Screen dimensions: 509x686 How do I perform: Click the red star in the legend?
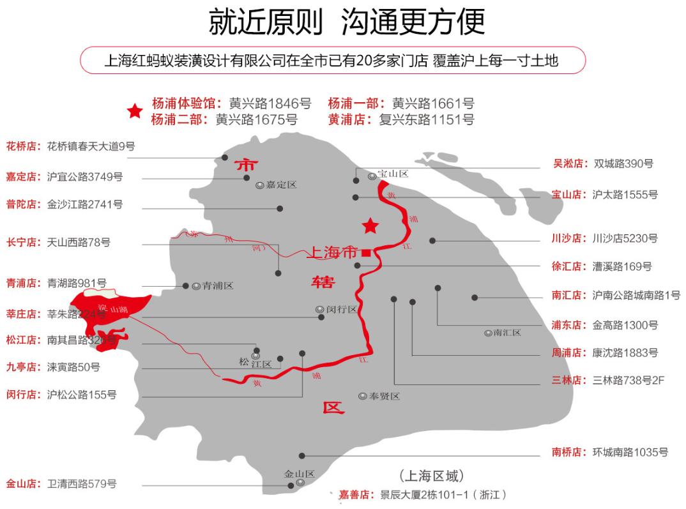click(x=135, y=111)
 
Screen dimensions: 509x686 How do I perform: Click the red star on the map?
click(x=370, y=226)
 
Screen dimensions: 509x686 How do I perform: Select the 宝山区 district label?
click(x=392, y=174)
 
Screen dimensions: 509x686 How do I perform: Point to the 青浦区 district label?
click(x=218, y=286)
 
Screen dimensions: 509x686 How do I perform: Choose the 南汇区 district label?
click(x=507, y=333)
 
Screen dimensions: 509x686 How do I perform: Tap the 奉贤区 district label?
click(x=384, y=396)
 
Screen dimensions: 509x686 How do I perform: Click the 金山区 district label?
click(x=300, y=475)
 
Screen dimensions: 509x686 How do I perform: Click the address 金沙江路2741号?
click(x=85, y=205)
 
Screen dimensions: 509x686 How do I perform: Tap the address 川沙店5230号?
click(x=625, y=238)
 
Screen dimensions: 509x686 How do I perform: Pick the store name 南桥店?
click(x=568, y=452)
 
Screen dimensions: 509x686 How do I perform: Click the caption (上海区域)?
click(x=431, y=476)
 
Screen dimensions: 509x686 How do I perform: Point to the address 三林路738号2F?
click(x=629, y=380)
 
